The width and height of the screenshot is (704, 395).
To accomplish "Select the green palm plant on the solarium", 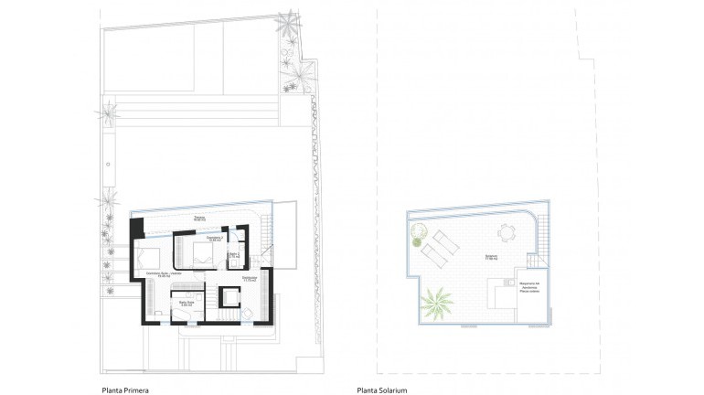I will [437, 299].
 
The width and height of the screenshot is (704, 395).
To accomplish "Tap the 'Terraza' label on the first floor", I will [197, 218].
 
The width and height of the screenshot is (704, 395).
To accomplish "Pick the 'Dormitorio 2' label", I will [215, 238].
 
